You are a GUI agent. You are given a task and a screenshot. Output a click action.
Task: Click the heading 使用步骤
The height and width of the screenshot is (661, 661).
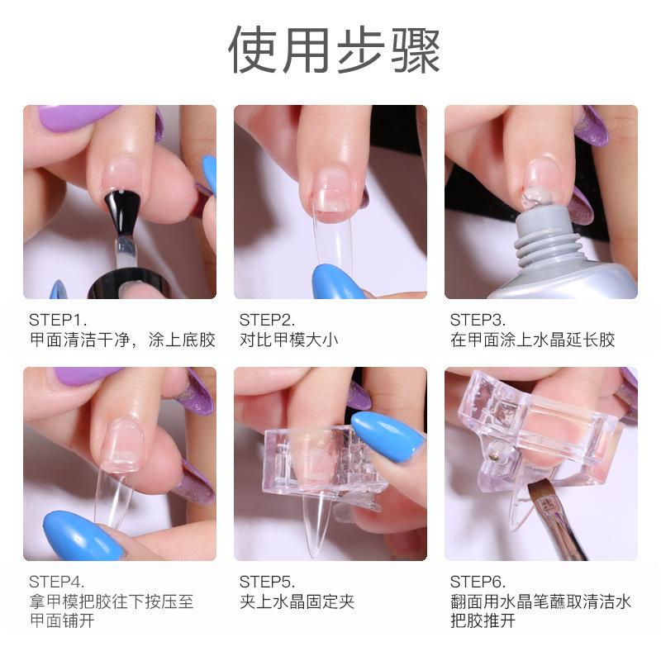click(335, 50)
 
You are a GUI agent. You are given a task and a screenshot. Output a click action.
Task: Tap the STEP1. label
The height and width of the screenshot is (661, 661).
click(58, 320)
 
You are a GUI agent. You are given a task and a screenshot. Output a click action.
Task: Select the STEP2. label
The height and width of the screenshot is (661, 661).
click(267, 320)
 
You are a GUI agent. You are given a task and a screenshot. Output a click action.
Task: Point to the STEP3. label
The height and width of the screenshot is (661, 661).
click(478, 320)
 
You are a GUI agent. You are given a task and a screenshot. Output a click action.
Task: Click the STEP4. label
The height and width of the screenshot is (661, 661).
click(57, 583)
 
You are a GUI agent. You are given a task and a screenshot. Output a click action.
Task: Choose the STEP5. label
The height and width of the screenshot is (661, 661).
click(267, 583)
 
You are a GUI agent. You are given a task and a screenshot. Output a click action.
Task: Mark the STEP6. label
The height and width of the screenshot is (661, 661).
click(478, 583)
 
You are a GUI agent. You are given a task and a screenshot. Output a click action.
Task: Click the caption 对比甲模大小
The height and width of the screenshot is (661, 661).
click(288, 340)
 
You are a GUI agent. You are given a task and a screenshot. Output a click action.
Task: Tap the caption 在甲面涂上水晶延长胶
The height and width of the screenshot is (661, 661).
click(532, 340)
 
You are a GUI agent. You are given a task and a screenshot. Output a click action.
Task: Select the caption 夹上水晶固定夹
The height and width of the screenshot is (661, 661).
click(297, 602)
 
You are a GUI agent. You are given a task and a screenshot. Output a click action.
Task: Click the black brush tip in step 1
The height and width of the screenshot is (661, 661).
click(117, 211)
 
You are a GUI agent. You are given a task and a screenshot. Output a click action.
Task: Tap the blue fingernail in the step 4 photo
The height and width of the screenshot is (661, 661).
click(84, 535)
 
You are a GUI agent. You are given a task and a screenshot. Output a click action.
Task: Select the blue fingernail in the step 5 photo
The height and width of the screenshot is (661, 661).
click(388, 437)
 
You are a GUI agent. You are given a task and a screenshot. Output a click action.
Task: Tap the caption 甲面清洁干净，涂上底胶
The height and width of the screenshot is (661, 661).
click(122, 340)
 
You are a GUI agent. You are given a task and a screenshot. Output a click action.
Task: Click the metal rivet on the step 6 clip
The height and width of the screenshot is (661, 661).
click(492, 456)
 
